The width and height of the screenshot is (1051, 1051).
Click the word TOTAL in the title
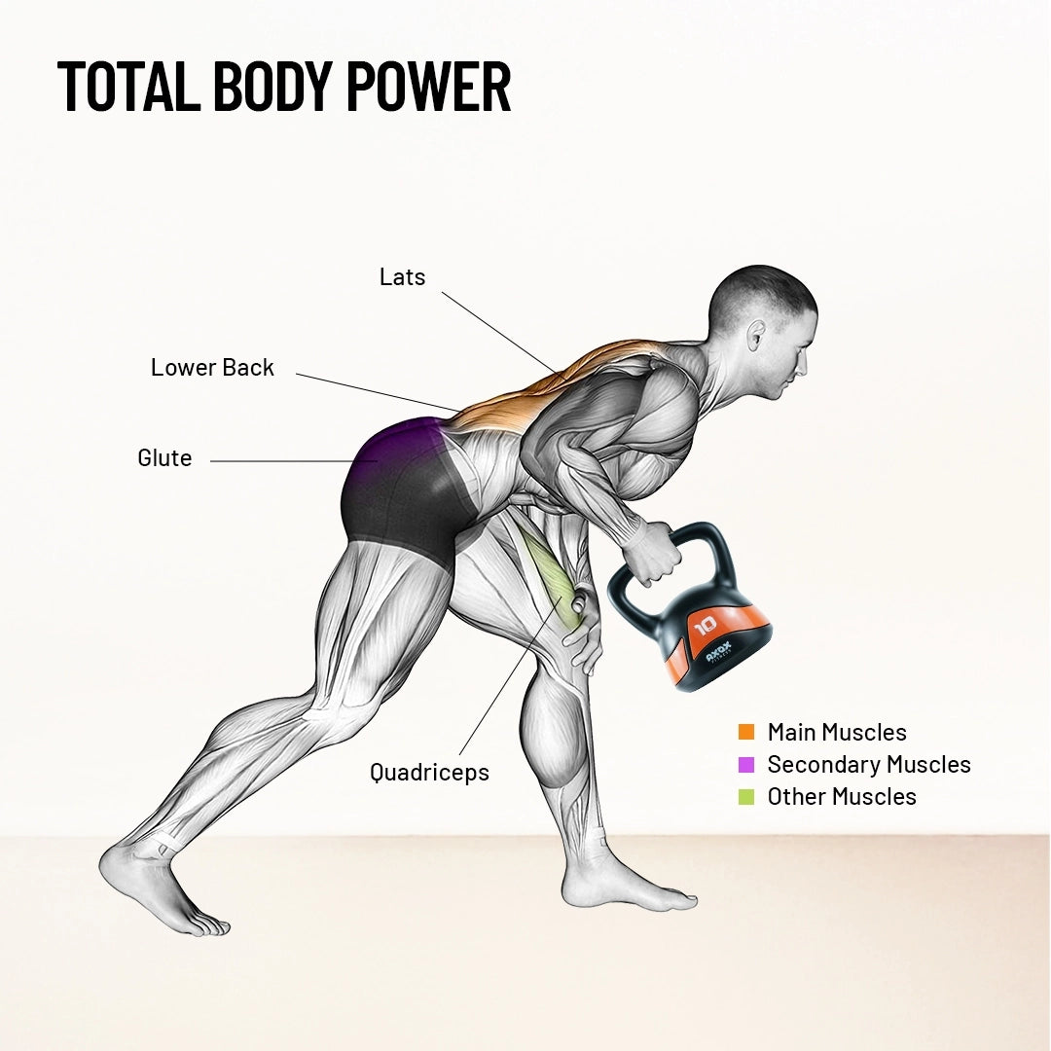click(128, 86)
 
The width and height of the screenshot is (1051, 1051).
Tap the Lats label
click(402, 276)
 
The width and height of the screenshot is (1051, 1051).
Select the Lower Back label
click(212, 367)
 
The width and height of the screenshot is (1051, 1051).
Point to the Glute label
click(164, 457)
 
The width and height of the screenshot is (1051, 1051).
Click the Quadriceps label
click(430, 772)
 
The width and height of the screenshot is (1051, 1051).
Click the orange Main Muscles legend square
click(746, 732)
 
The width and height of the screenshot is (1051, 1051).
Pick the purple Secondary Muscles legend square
click(746, 764)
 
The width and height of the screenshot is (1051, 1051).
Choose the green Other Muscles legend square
click(746, 796)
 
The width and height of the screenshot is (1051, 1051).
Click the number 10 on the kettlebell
click(706, 626)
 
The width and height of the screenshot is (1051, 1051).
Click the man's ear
click(756, 335)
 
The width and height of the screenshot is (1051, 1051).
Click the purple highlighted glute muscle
click(394, 448)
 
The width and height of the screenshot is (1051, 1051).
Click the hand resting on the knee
click(582, 634)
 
